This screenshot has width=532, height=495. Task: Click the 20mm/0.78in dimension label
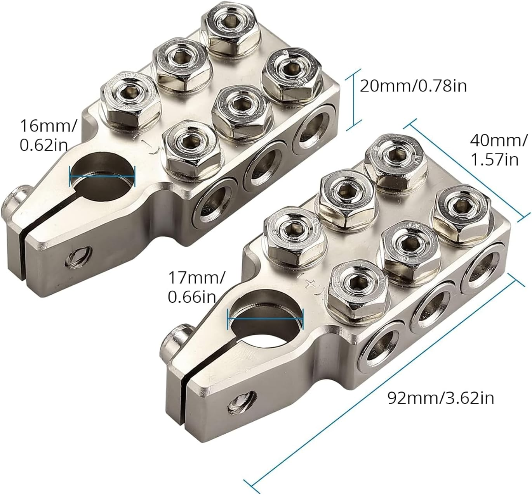[x=413, y=85]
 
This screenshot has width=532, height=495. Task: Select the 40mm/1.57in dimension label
[x=499, y=150]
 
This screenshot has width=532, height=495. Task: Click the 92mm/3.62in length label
[x=441, y=398]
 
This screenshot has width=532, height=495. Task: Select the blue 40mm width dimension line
[x=466, y=171]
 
